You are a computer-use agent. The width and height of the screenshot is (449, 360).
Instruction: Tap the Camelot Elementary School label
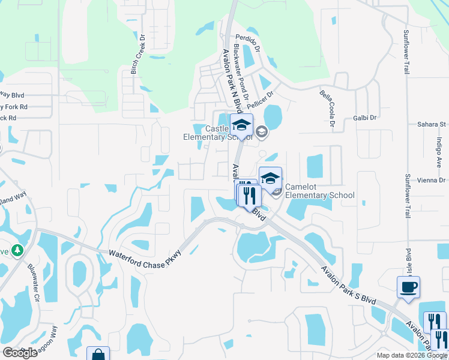tap(319, 191)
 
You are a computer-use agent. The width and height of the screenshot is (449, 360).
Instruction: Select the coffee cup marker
tap(408, 286)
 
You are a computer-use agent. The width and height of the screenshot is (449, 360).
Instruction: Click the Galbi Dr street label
tap(364, 118)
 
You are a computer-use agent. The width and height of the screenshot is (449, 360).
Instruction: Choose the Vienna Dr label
tap(433, 180)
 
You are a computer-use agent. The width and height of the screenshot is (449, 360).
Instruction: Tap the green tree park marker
tap(17, 250)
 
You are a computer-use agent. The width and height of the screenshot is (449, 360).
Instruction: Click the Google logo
tap(20, 353)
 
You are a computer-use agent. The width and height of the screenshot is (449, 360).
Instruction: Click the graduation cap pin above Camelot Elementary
tap(270, 178)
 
